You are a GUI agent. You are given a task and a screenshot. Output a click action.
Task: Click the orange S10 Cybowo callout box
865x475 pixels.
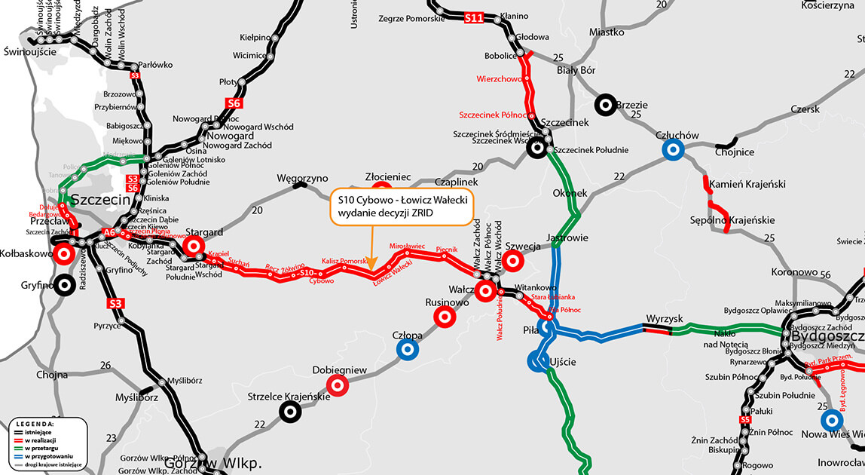401,206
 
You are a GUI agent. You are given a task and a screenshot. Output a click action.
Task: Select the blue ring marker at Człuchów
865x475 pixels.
672,150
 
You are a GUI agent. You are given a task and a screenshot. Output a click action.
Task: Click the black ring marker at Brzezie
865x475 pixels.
605,106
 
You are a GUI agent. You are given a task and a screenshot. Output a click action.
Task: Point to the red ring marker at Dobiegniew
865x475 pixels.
338,386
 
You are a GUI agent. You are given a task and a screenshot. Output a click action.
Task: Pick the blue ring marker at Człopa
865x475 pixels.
408,349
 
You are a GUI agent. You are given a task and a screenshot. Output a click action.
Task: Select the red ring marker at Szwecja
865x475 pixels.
513,261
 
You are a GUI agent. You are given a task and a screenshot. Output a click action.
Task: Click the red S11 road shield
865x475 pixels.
473,19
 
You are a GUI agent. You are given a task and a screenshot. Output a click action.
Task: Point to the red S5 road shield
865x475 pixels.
745,420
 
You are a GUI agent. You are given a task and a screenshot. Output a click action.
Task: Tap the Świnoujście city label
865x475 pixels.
30,52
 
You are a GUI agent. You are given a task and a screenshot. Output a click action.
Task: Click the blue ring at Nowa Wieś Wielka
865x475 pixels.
832,420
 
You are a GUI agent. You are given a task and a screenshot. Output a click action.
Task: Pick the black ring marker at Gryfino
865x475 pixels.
65,285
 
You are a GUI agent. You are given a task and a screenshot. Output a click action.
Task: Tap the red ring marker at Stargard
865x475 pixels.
194,245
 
